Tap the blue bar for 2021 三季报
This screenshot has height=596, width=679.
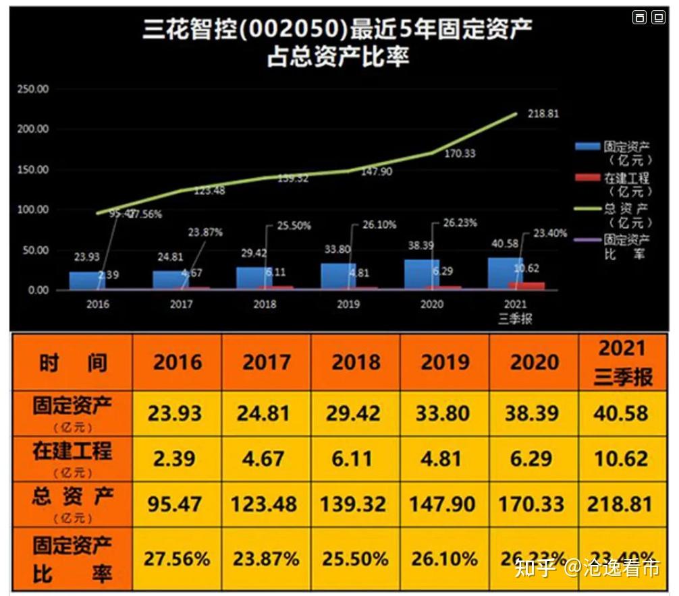coord(504,274)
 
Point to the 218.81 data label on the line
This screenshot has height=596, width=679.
coord(543,114)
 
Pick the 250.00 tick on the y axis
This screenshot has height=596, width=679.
coord(33,89)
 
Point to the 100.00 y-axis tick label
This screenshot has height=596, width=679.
coord(33,210)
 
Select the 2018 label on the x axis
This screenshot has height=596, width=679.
coord(265,304)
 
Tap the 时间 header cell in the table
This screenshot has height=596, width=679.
coord(72,362)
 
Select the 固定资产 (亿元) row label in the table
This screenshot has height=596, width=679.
coord(72,413)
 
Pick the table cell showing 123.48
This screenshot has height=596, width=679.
coord(264,504)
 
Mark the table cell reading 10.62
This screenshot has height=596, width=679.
coord(621,458)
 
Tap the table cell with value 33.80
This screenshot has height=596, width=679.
coord(443,413)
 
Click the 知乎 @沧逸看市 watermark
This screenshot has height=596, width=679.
coord(587,568)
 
